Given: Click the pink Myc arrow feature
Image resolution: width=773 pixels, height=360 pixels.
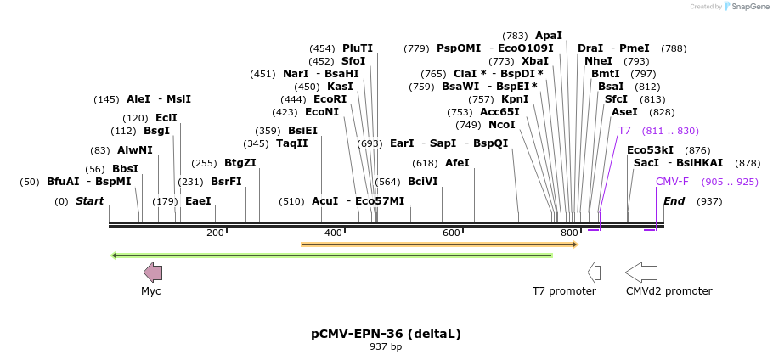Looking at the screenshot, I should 153,273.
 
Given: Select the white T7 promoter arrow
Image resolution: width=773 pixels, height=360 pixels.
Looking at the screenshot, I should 595,273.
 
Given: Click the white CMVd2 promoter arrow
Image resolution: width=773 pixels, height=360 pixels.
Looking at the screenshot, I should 640,273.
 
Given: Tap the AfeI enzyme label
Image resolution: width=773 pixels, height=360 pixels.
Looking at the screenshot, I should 457,163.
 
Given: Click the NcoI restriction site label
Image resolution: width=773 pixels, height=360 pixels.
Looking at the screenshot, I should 501,125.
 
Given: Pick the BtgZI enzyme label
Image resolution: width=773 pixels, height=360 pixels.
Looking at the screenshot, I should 240,163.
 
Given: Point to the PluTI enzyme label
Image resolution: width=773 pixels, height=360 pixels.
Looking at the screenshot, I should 358,48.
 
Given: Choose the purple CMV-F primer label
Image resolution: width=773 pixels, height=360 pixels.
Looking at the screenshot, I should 672,182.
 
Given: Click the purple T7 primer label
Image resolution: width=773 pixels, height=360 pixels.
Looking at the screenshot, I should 624,131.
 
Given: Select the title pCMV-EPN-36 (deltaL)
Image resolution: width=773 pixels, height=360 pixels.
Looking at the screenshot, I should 386,334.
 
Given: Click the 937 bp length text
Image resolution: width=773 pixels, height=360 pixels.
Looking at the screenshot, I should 386,347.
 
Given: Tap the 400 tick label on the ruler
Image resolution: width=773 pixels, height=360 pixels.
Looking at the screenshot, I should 333,233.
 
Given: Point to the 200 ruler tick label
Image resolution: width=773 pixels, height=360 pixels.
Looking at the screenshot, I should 215,233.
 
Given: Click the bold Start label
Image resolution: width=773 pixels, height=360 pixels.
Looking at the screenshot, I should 89,201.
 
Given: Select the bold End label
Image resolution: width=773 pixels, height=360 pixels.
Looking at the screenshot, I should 674,201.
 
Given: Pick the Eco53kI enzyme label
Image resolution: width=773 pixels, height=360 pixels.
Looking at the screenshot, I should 650,150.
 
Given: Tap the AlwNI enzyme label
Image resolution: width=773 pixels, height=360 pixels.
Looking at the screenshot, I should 135,150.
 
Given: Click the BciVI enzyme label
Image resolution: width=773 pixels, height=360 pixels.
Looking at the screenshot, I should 423,182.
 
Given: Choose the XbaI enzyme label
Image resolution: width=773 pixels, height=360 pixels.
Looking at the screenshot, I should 535,61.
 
